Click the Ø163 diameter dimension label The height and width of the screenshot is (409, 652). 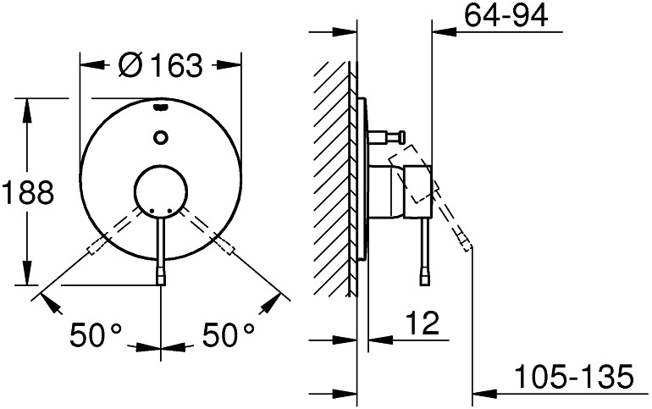pos(160,65)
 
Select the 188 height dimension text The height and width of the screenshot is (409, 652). pos(28,192)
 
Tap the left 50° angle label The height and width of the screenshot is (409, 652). pos(96,334)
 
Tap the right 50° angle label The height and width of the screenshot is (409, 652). pos(229,334)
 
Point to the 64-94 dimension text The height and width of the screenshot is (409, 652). pos(506,15)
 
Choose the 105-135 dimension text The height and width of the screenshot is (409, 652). pos(574,376)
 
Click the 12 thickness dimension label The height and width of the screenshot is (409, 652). pos(422,323)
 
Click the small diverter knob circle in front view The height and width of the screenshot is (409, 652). pos(161,136)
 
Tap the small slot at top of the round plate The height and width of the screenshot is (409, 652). pos(161,108)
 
